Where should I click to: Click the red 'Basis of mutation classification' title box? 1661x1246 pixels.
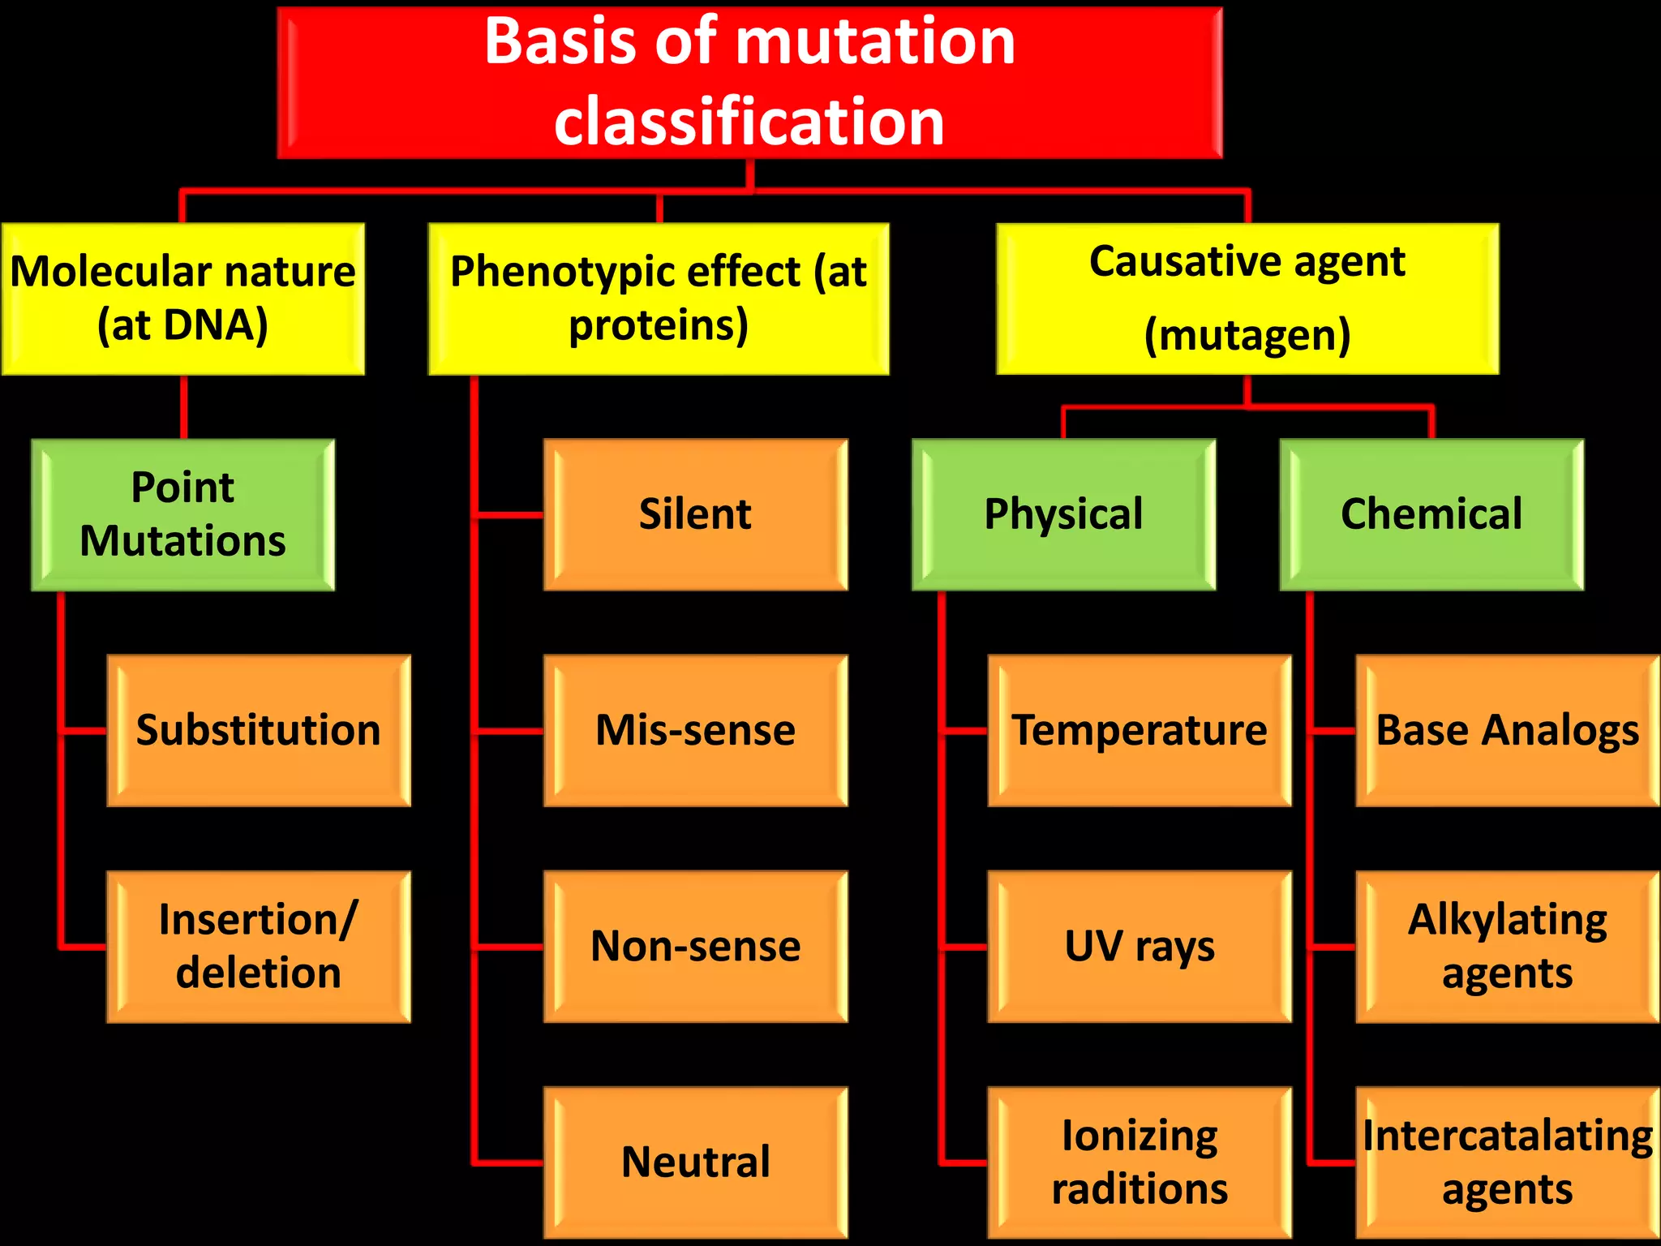pos(749,83)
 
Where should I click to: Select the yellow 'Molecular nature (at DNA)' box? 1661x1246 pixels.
pos(183,299)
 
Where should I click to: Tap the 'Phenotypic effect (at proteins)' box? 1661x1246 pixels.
pos(659,299)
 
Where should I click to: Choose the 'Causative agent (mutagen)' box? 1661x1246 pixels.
pos(1247,299)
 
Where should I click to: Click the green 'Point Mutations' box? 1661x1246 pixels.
pos(183,514)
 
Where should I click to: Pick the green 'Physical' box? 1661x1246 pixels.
pos(1063,514)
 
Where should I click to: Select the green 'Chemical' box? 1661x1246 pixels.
pos(1431,514)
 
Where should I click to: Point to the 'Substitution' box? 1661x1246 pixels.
pos(259,730)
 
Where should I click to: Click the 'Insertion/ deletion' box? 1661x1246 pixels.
pos(259,946)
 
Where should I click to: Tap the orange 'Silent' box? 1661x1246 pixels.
pos(696,514)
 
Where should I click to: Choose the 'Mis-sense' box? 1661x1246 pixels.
pos(696,730)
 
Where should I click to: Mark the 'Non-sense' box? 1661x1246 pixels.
pos(696,946)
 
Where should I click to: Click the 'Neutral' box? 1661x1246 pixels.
pos(696,1162)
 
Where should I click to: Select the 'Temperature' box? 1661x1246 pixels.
pos(1140,730)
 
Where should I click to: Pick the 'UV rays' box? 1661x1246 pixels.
pos(1140,946)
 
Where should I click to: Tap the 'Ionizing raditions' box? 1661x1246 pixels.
pos(1140,1162)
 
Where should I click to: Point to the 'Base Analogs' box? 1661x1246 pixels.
pos(1508,730)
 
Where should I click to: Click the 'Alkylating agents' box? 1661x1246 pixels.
pos(1508,946)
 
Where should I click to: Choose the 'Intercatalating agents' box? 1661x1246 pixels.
pos(1508,1162)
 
